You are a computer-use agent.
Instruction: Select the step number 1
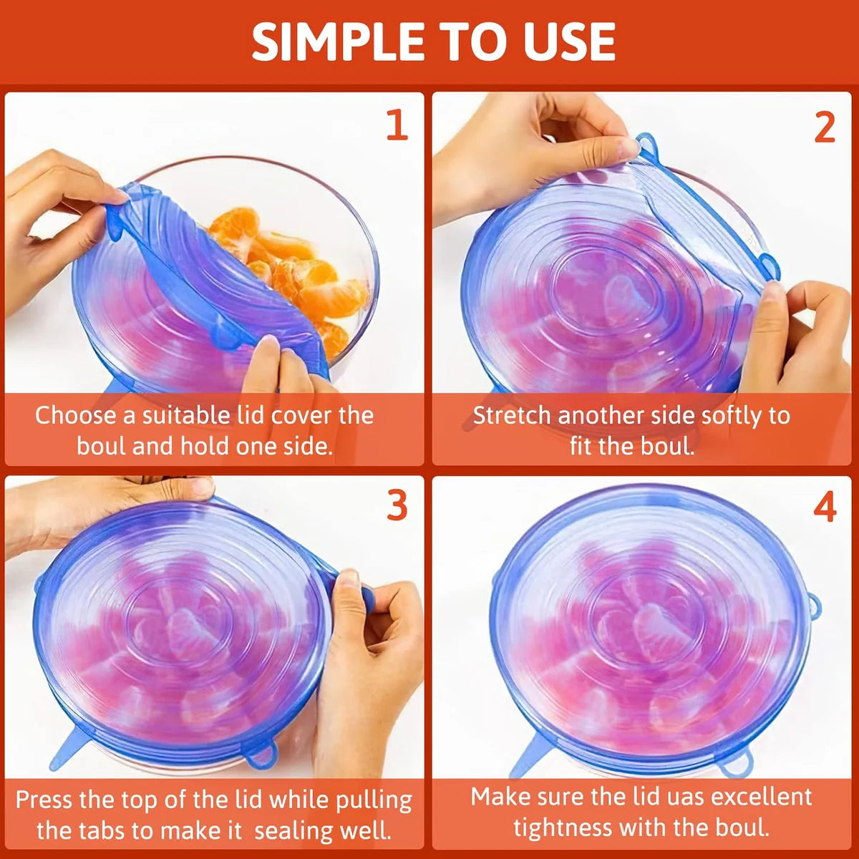(x=397, y=125)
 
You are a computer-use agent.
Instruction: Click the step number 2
(x=825, y=127)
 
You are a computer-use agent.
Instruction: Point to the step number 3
(x=397, y=506)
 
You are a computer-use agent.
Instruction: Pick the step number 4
(x=825, y=508)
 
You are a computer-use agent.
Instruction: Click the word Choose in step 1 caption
(x=74, y=416)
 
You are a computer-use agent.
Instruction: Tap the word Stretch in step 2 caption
(x=512, y=416)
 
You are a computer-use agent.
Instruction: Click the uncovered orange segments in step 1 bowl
(x=308, y=279)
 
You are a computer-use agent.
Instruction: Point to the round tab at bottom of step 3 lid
(x=261, y=754)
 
